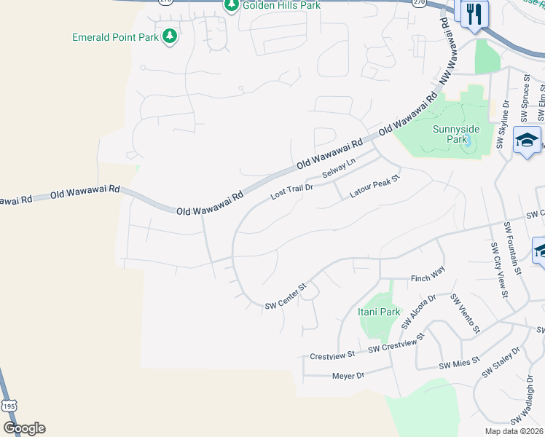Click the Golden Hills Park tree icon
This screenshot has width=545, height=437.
click(231, 6)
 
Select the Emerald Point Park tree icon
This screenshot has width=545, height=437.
click(170, 36)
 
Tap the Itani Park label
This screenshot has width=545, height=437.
click(379, 312)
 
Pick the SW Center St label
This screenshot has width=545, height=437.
click(287, 296)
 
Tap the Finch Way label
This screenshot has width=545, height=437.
click(427, 277)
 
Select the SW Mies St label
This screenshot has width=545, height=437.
click(459, 361)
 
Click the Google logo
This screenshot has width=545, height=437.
click(24, 428)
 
